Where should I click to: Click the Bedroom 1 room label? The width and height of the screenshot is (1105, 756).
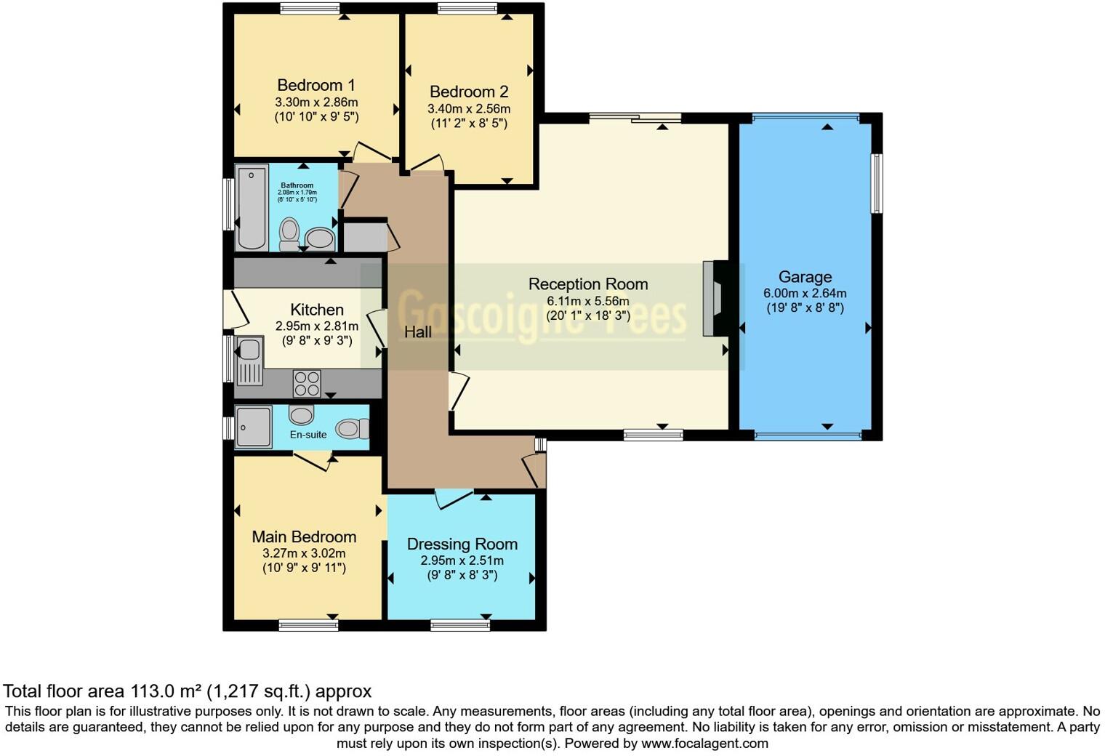pyautogui.click(x=316, y=85)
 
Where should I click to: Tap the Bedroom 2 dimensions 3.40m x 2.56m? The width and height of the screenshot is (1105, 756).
pyautogui.click(x=468, y=108)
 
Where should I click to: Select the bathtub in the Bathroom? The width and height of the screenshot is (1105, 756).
pyautogui.click(x=251, y=207)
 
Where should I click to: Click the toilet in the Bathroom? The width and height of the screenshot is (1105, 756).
pyautogui.click(x=289, y=233)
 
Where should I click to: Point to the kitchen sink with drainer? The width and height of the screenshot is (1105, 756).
pyautogui.click(x=249, y=361)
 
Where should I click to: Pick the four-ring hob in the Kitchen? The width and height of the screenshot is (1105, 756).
pyautogui.click(x=307, y=383)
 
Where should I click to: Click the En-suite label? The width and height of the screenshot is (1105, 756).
pyautogui.click(x=308, y=435)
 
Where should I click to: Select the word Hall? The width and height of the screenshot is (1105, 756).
pyautogui.click(x=418, y=332)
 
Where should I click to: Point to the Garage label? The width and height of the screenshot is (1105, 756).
pyautogui.click(x=805, y=277)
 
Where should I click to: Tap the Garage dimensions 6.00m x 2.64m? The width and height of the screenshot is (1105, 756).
pyautogui.click(x=805, y=294)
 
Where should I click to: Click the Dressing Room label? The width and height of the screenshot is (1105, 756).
pyautogui.click(x=462, y=544)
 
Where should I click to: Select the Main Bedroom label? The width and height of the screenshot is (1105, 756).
pyautogui.click(x=304, y=536)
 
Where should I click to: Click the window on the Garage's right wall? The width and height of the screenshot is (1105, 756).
pyautogui.click(x=877, y=183)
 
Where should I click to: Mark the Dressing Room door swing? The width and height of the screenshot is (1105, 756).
pyautogui.click(x=454, y=499)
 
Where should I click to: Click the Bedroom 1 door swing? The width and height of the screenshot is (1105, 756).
pyautogui.click(x=371, y=153)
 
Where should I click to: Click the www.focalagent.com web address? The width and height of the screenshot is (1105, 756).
pyautogui.click(x=704, y=744)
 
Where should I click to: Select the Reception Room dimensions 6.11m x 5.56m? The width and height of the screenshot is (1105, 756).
pyautogui.click(x=587, y=300)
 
